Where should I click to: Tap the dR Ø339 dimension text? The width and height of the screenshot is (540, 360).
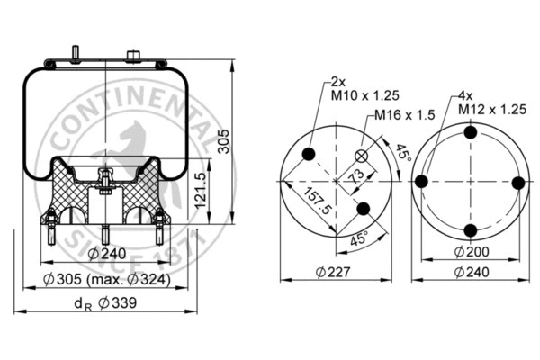106,302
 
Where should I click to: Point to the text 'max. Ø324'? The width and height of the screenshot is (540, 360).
139,280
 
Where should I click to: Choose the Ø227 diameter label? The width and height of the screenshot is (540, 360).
335,271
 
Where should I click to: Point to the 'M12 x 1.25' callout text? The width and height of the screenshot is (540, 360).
492,108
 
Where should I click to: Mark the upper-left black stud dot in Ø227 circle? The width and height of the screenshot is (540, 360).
309,155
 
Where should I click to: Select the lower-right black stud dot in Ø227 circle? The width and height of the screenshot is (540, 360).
363,209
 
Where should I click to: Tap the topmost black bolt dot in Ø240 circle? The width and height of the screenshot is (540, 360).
469,133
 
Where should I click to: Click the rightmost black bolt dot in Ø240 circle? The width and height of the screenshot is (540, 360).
517,182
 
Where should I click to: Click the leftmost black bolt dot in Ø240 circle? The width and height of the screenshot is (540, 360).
420,182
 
